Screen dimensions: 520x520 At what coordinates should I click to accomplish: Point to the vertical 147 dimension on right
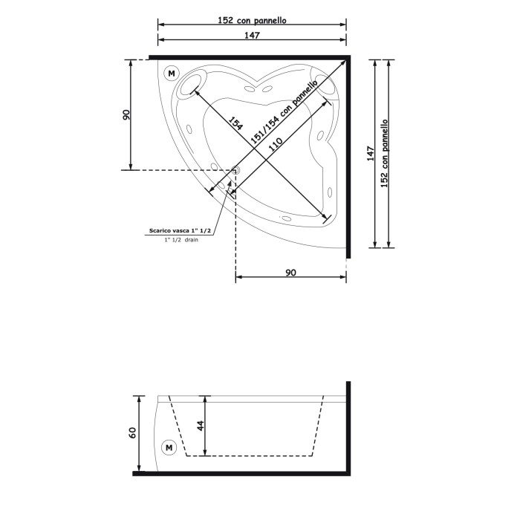pos(370,153)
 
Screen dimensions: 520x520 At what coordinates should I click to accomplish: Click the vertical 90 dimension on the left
pos(126,114)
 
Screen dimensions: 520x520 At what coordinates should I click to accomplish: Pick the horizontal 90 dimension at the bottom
pos(290,273)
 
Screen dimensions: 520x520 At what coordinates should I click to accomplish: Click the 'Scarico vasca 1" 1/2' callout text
pos(180,232)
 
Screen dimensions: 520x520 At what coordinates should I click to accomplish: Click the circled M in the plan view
pos(172,74)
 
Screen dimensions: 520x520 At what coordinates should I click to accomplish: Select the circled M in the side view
pos(168,448)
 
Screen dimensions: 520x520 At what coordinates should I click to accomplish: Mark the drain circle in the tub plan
pos(235,170)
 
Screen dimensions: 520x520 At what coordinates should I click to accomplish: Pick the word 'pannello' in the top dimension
pos(270,21)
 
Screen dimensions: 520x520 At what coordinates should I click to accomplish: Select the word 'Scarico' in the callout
pos(161,232)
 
